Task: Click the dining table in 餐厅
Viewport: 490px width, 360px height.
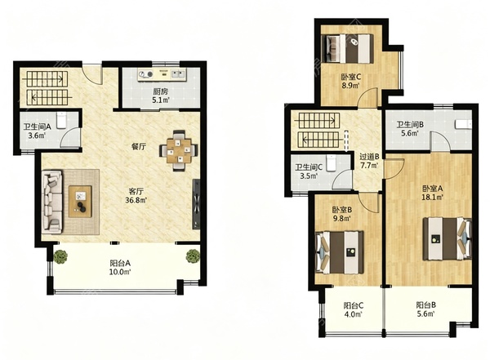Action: point(179,151)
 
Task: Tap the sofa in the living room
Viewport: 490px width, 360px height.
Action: point(52,202)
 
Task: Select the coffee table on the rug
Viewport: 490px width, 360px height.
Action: point(80,202)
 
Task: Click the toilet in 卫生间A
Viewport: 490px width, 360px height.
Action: point(61,120)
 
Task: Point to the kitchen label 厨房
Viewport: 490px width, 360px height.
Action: point(160,91)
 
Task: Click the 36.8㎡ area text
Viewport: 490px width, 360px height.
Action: point(136,200)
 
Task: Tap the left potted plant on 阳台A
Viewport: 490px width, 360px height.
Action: point(60,256)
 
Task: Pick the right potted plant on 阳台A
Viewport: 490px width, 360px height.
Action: point(193,256)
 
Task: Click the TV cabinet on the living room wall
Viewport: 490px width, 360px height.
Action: point(196,204)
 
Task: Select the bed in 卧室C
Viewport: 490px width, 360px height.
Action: point(348,48)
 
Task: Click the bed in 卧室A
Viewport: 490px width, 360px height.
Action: point(448,239)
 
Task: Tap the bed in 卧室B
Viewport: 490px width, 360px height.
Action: point(340,252)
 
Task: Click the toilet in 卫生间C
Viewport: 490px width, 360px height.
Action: point(331,162)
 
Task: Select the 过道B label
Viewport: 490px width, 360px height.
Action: point(369,157)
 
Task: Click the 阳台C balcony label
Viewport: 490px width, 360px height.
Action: point(354,305)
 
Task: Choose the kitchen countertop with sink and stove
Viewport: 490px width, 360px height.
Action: point(162,74)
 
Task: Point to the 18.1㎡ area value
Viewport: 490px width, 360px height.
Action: point(433,198)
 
